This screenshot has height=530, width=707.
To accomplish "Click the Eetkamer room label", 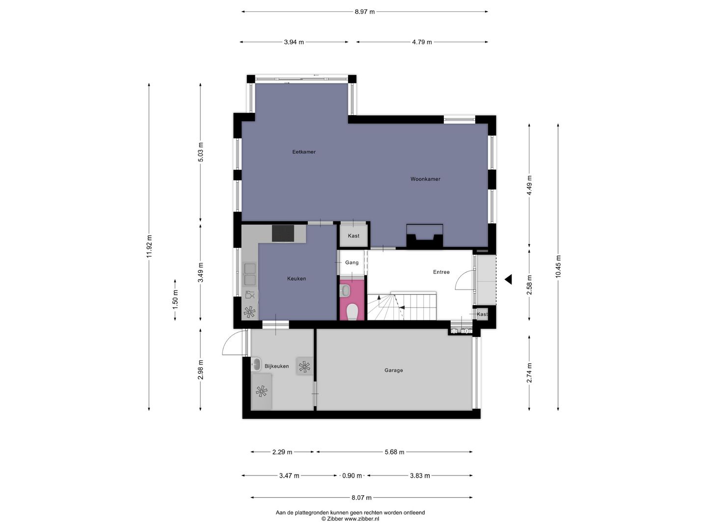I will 304,152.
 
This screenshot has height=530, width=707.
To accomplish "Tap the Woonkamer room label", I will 425,179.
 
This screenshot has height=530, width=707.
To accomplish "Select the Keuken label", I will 297,279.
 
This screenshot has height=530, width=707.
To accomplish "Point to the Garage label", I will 394,371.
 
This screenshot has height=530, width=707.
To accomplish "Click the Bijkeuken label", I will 276,366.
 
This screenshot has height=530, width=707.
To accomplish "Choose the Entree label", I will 441,272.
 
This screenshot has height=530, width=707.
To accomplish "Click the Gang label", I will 352,263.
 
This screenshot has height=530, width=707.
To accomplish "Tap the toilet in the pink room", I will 352,311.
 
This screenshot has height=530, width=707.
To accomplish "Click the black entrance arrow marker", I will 508,279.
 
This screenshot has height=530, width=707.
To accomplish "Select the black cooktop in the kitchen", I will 283,233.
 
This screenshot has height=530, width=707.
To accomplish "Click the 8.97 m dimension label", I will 365,12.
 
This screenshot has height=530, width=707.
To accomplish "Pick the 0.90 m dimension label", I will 352,476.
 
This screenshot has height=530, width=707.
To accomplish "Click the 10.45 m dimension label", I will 558,267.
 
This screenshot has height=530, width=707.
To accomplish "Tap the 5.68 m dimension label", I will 394,452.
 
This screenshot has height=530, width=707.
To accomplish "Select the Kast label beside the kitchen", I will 353,236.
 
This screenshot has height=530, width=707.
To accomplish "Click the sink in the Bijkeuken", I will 256,364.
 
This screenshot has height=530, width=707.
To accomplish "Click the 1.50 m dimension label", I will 175,299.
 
